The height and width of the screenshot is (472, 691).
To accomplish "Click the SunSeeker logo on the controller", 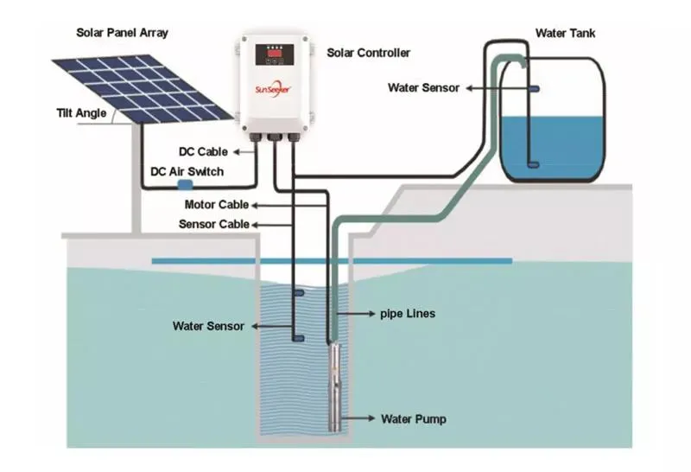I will tap(277, 90).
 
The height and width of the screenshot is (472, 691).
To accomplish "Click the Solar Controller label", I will tap(368, 54).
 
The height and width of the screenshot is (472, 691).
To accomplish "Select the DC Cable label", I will tap(203, 152).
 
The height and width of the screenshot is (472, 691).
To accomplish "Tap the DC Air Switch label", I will tap(187, 172).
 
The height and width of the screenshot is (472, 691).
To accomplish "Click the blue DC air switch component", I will tap(184, 183).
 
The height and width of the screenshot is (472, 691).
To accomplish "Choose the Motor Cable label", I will tap(216, 205).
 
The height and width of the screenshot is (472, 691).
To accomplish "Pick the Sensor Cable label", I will tap(214, 224).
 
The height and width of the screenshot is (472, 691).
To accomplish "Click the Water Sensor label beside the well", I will tap(208, 326).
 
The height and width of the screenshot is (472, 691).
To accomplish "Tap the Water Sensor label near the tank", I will tap(423, 87).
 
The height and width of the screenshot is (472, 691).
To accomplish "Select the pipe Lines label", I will tap(407, 314).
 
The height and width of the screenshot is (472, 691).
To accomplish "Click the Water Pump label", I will tap(413, 419).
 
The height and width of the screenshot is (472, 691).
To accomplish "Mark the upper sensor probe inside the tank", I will tap(533, 89).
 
